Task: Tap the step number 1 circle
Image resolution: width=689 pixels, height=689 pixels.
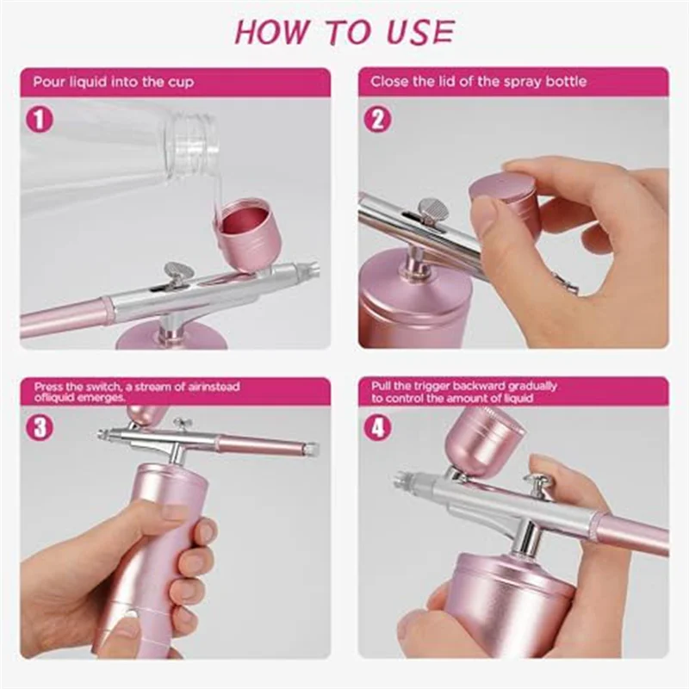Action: pos(39,119)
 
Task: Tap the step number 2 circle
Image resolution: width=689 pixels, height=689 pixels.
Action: pos(376,119)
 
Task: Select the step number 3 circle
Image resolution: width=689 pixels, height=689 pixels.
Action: pos(39,426)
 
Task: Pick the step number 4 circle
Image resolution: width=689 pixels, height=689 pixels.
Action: pos(376,426)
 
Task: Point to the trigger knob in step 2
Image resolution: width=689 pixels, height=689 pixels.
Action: pos(428,209)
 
